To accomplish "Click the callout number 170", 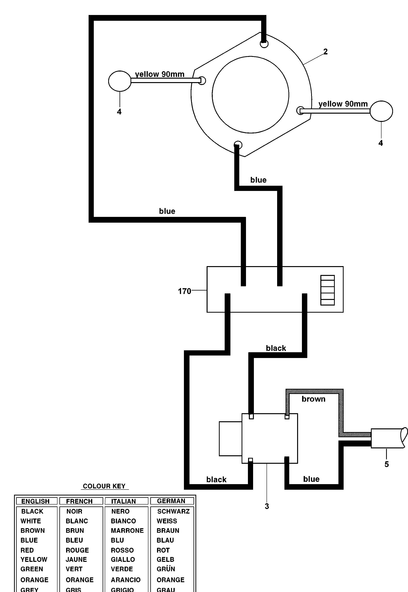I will point(184,291).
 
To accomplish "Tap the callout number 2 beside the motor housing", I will point(325,52).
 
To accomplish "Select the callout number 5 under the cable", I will point(386,464).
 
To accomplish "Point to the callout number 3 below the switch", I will point(267,506).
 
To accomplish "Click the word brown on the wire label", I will point(313,399).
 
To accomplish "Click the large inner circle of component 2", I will point(250,95).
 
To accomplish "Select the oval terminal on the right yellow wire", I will point(381,111).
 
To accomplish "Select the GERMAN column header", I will point(171,501).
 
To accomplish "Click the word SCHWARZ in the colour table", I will point(173,511).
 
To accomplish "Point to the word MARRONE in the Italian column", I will point(127,531).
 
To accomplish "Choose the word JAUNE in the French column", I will point(76,560).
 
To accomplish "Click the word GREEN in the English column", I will point(32,569).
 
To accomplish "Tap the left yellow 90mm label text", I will point(160,74).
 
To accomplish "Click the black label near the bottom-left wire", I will point(216,480).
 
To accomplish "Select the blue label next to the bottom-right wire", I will point(311,479).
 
